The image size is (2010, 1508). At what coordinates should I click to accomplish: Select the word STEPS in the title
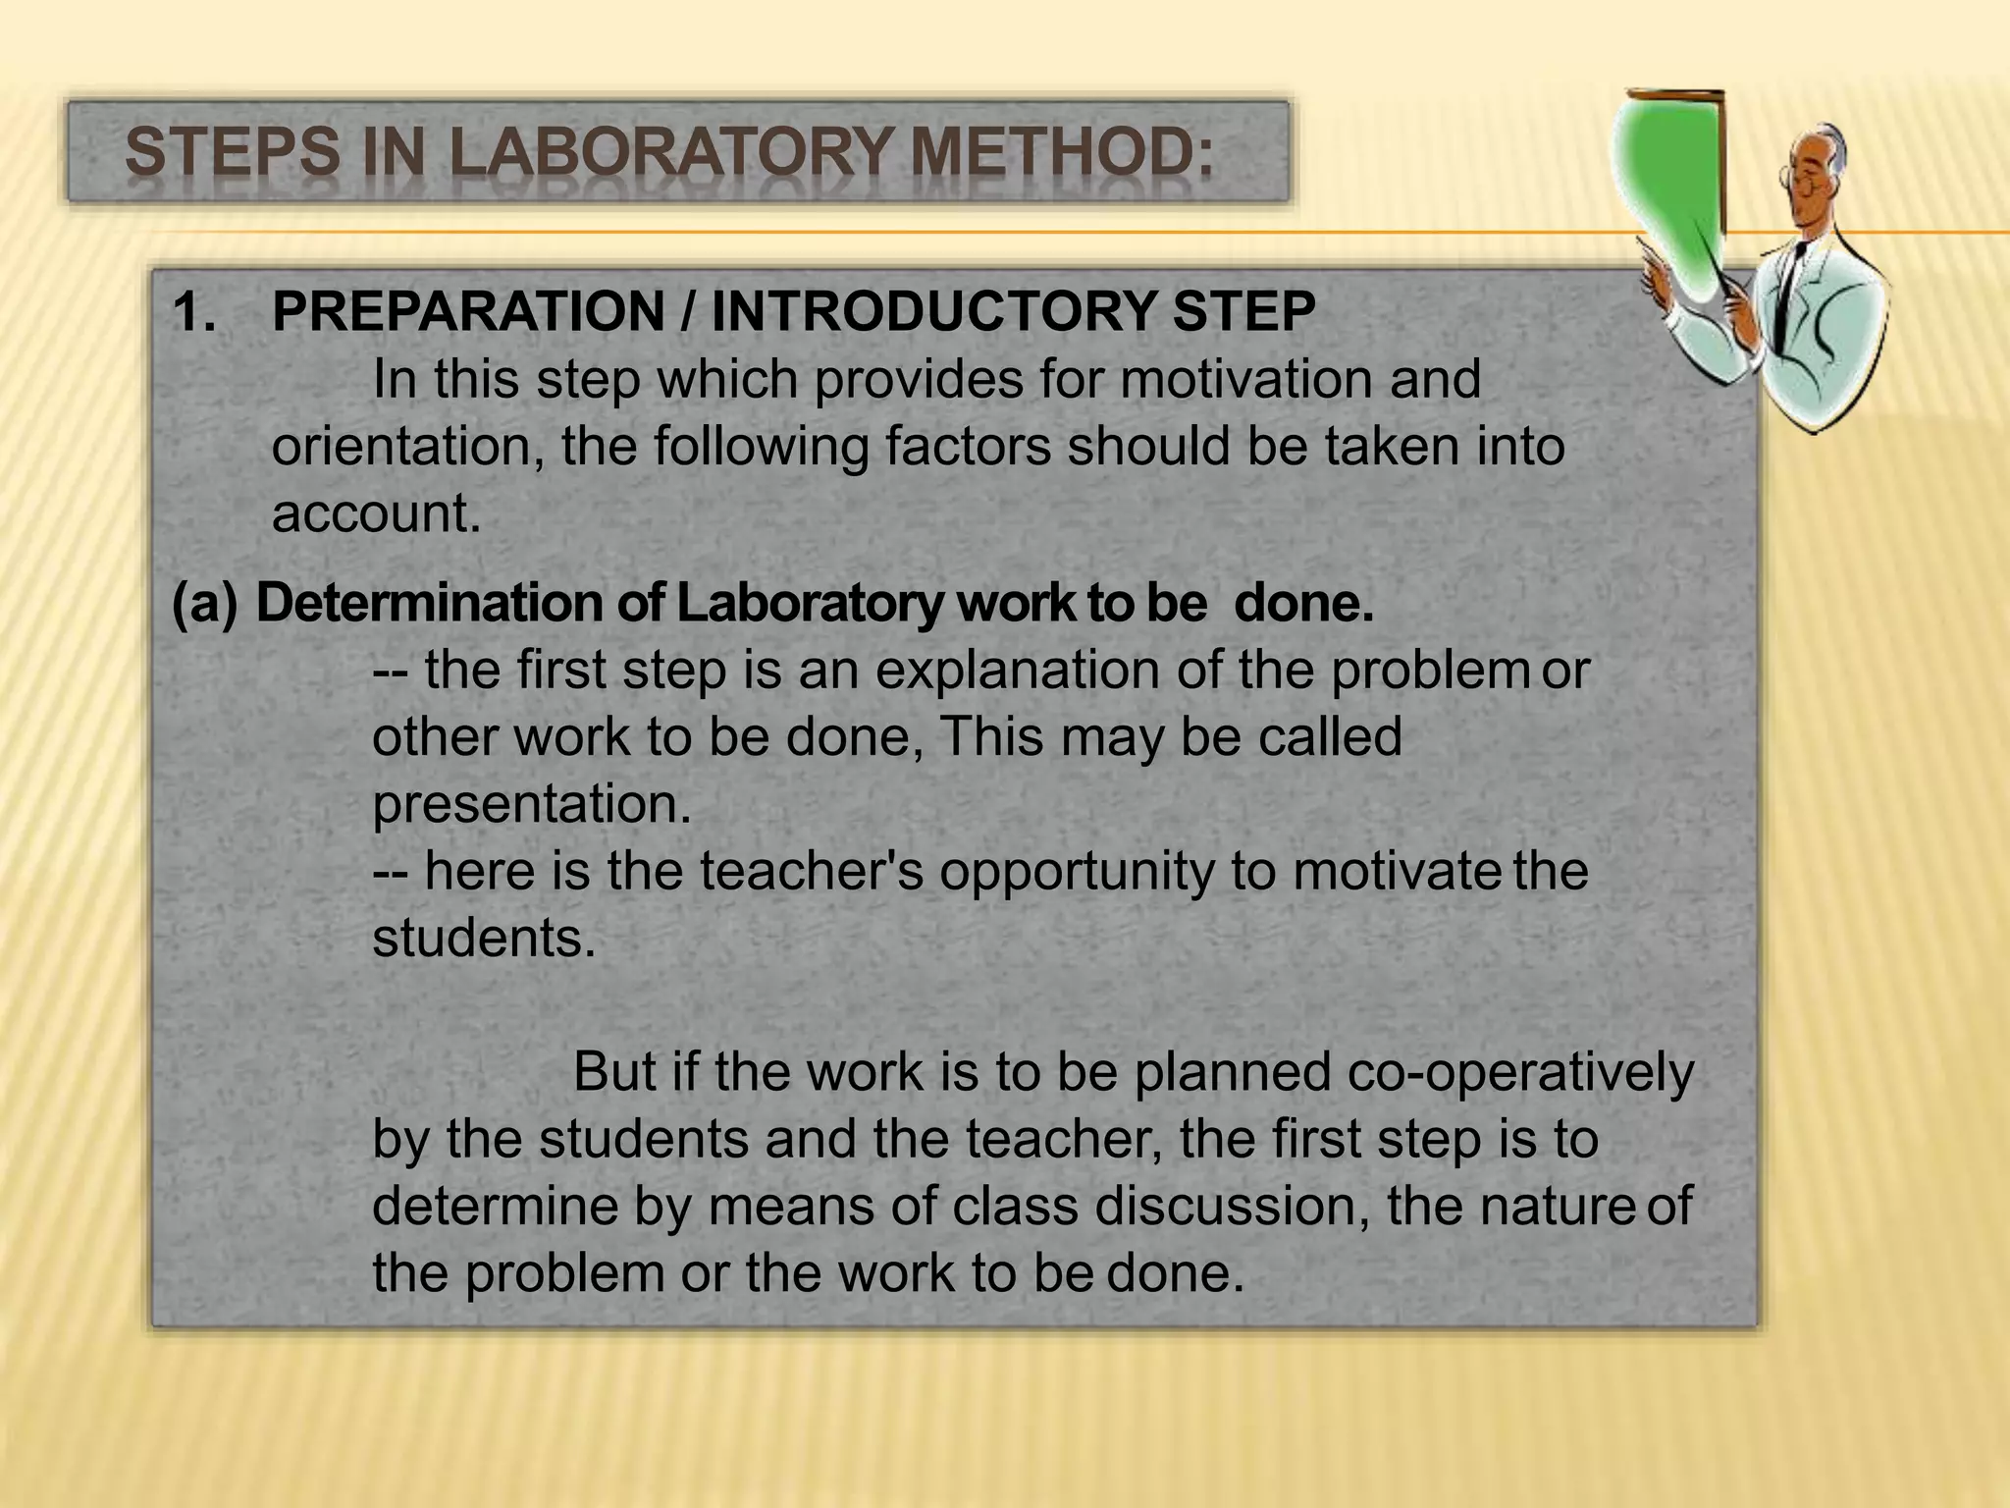235,155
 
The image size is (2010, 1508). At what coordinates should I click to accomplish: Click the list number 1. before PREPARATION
194,312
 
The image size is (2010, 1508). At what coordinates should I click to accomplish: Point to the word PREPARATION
468,312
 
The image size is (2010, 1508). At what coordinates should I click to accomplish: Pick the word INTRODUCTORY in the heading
932,312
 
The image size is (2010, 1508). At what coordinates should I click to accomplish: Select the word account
377,512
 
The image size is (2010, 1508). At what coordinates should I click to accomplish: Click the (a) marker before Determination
204,603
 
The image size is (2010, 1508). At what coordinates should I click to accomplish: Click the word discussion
1232,1205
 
